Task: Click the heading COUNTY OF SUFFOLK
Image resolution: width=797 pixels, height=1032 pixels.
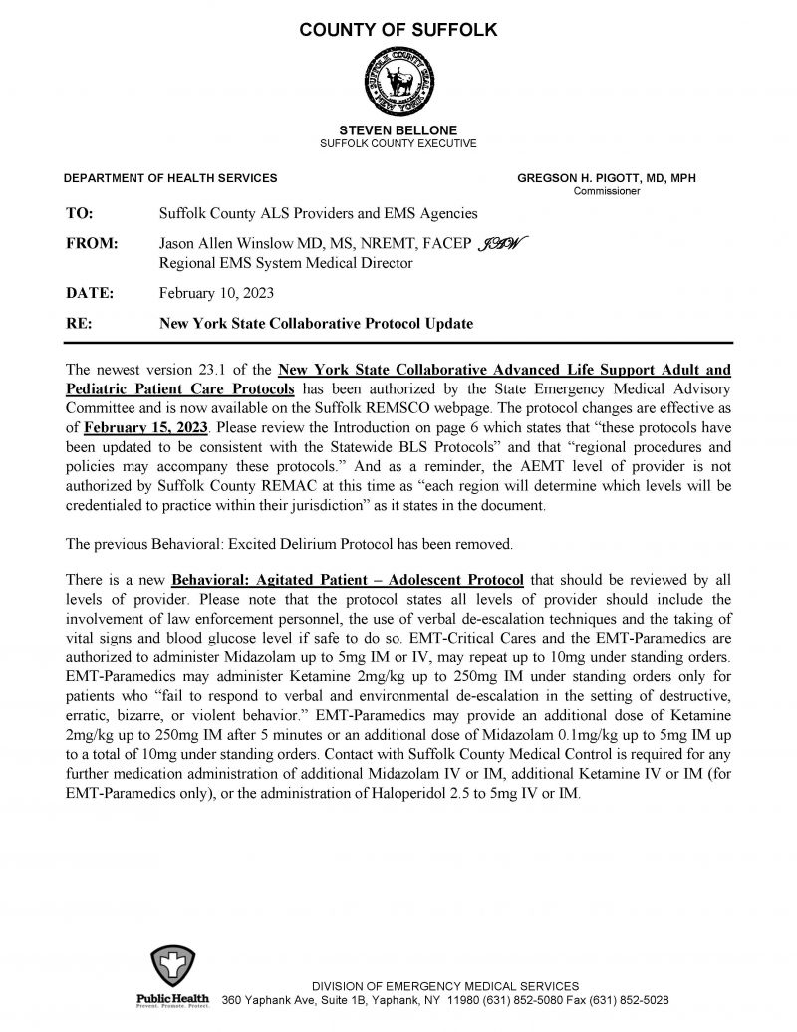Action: point(398,31)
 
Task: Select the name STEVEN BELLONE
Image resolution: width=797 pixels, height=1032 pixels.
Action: point(398,130)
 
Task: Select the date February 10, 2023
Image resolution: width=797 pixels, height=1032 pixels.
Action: point(216,293)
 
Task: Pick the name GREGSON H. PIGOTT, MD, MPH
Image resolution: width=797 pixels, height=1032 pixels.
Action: point(607,178)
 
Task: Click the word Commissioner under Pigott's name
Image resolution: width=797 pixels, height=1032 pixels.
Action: point(607,191)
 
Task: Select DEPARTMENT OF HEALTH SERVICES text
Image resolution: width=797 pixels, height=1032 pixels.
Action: point(170,178)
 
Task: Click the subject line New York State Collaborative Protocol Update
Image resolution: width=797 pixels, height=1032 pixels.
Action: point(316,323)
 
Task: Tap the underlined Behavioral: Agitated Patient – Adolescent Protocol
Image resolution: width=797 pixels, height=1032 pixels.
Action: point(348,580)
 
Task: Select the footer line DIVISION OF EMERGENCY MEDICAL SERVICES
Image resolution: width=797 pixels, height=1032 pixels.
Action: point(444,985)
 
